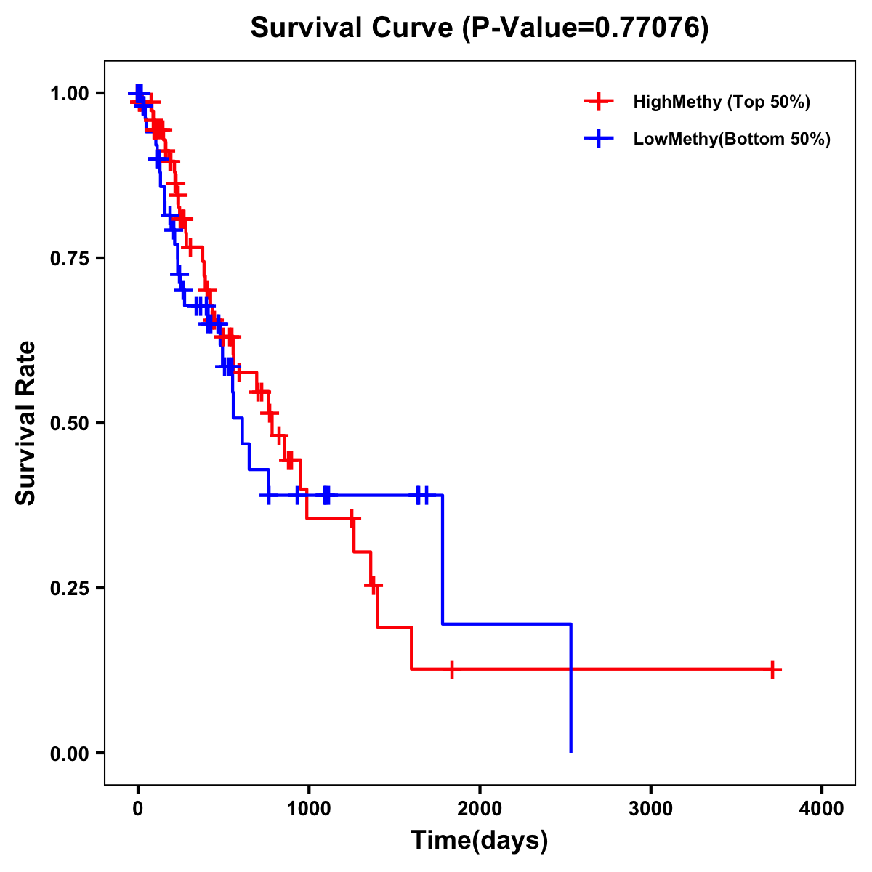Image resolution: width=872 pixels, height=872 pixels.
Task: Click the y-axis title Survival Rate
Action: [26, 422]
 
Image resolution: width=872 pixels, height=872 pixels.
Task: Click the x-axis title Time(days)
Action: [479, 840]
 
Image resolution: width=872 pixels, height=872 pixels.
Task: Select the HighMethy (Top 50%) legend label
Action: [721, 102]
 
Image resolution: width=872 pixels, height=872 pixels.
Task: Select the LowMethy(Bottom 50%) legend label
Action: [731, 139]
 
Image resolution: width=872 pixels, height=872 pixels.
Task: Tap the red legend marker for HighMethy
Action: [599, 102]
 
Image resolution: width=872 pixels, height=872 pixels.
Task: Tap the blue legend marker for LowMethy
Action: [599, 139]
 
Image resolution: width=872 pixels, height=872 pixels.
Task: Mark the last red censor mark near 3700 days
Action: [772, 669]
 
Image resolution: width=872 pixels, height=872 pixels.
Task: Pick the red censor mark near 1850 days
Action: [452, 669]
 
